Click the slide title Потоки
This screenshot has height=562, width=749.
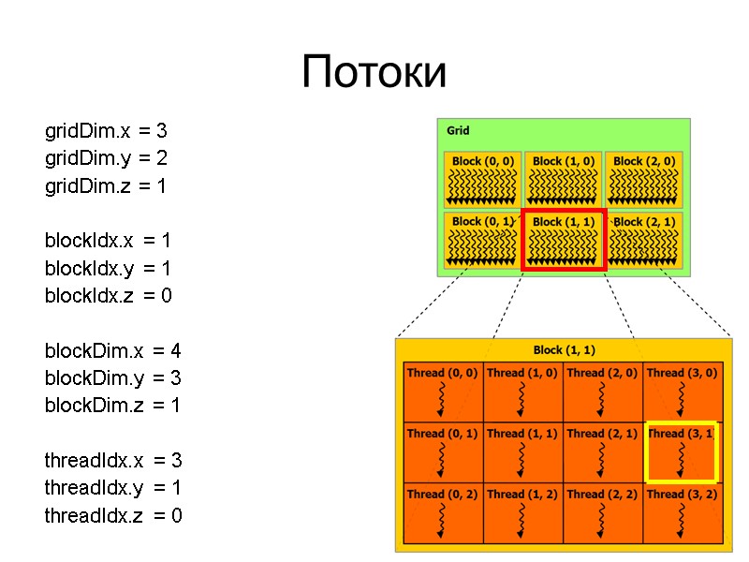(374, 73)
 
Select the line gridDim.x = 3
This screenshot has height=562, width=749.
(106, 130)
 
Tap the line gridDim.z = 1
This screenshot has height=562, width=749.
(106, 186)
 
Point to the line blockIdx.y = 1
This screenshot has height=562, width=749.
(109, 269)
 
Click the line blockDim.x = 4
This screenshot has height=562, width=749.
(113, 351)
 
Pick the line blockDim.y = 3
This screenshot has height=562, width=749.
(113, 378)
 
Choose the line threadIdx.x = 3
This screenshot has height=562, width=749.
(113, 461)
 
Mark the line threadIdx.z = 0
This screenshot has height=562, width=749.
(113, 515)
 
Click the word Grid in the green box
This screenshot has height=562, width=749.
(458, 130)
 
